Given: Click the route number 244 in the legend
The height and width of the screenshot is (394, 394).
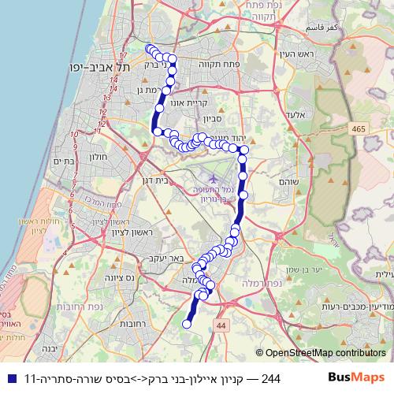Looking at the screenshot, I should point(269,377).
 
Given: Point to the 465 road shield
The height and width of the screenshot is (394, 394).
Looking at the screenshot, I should point(359,128).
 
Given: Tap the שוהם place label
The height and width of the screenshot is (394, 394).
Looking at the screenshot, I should point(288,181).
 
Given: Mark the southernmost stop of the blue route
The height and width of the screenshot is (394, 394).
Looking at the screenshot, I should point(188,323).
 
